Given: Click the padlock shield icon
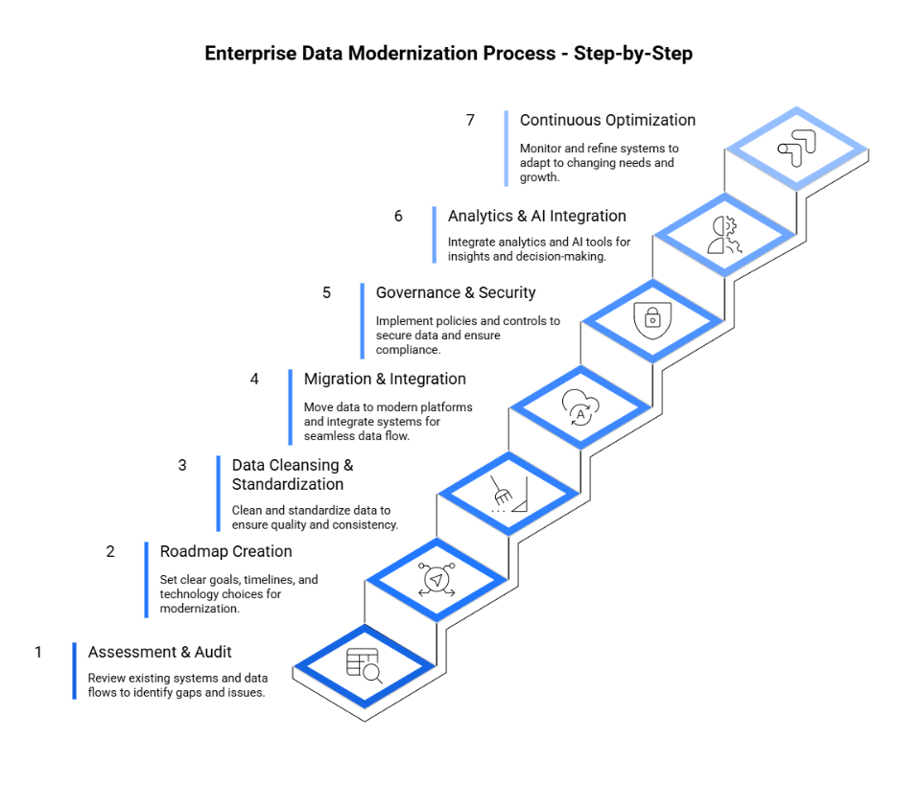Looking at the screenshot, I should click(x=651, y=319).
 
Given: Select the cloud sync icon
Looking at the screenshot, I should click(x=579, y=405).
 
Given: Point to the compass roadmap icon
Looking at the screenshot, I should click(x=437, y=579).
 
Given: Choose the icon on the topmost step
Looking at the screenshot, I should click(x=795, y=149).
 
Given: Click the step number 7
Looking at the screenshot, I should click(x=470, y=121).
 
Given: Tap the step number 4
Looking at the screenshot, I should click(x=254, y=380).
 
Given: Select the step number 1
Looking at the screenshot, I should click(x=38, y=653).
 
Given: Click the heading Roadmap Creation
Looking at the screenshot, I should click(x=225, y=552).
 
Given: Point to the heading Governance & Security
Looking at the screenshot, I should click(x=456, y=293).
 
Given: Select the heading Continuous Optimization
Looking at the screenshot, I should click(x=607, y=121).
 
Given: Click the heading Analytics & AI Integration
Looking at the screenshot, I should click(x=536, y=217).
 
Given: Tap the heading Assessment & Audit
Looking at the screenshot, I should click(x=160, y=653).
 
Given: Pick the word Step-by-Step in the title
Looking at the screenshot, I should click(x=633, y=54).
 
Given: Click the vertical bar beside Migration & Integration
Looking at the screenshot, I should click(x=291, y=407).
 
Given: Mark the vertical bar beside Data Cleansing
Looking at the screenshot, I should click(x=219, y=494).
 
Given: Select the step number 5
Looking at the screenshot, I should click(x=326, y=293).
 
